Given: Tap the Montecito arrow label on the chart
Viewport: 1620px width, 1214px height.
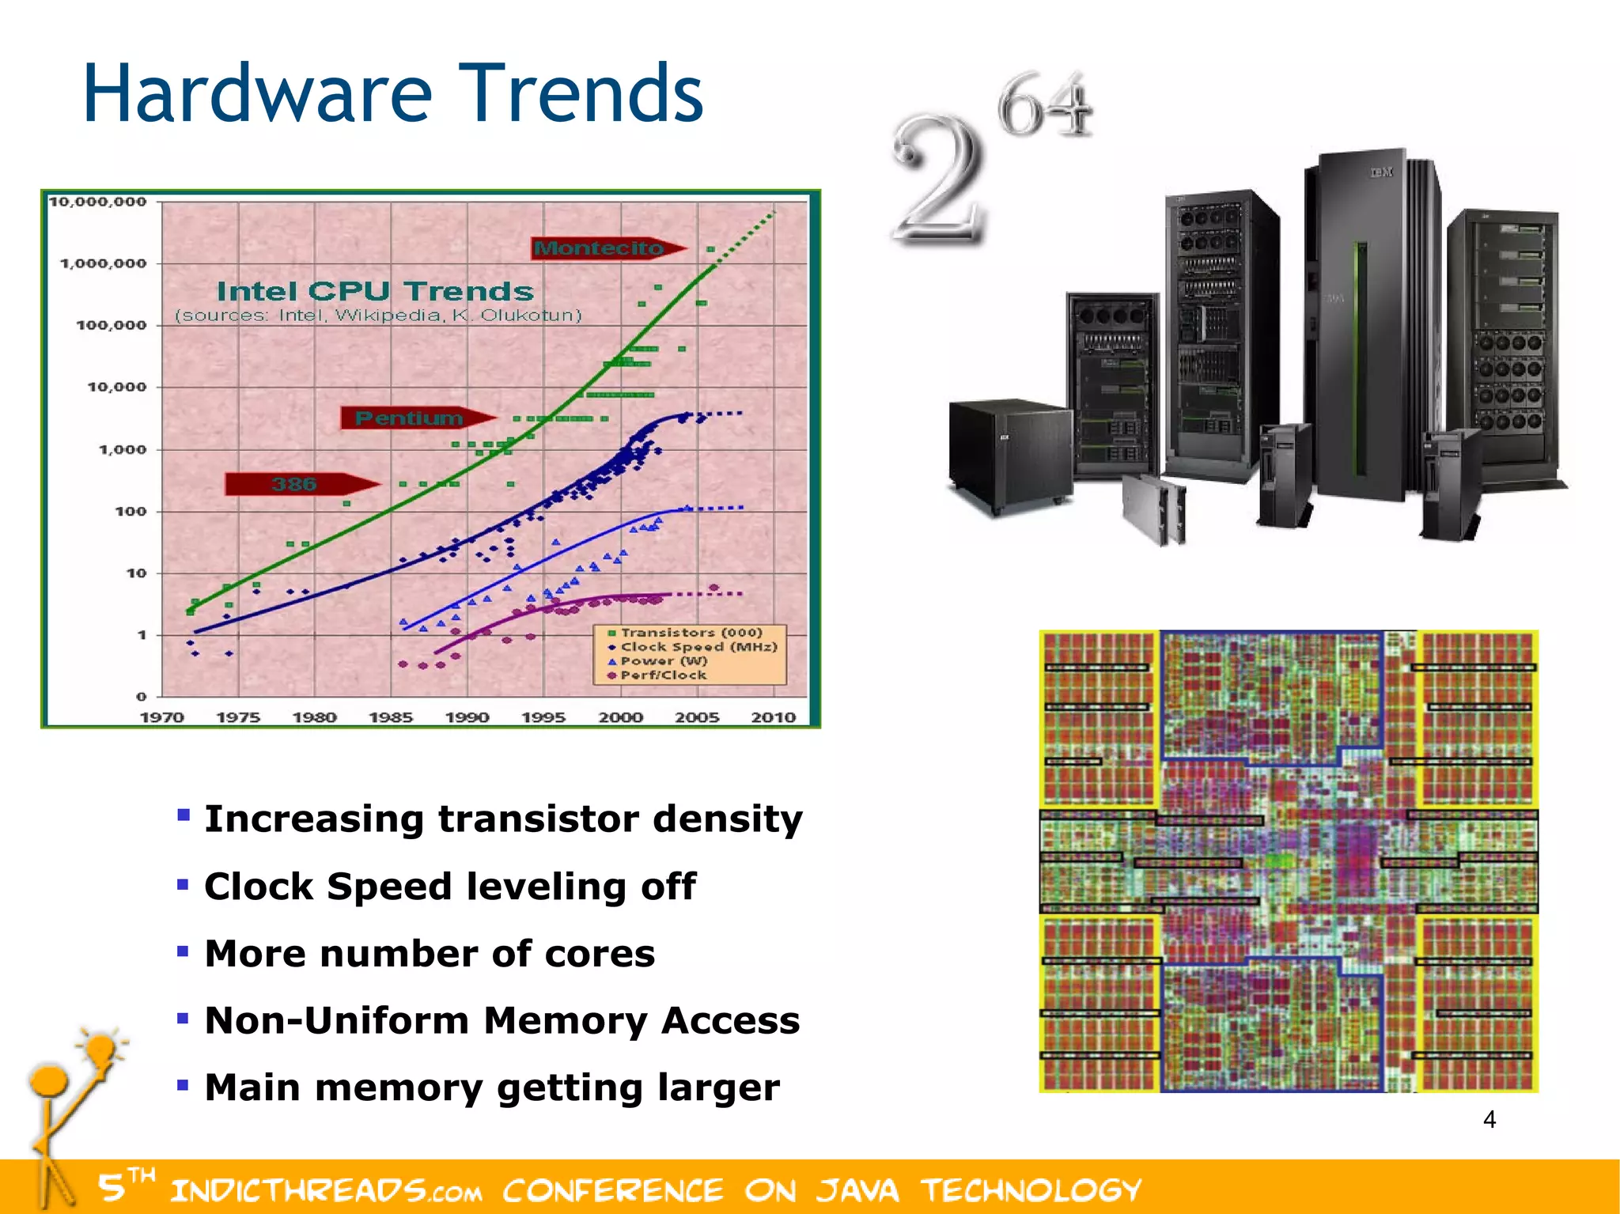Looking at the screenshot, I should pos(600,248).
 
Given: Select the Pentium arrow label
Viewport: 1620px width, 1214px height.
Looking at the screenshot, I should pos(408,418).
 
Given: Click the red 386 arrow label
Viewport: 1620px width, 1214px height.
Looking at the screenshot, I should pos(293,484).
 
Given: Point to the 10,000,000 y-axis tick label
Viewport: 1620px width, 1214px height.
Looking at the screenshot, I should pos(98,202).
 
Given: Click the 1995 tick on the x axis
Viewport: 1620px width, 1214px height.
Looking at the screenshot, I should pos(543,717).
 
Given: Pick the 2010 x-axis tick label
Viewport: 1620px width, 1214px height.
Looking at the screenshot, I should pos(773,717).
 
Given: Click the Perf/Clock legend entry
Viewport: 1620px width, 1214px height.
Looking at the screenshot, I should pos(661,675).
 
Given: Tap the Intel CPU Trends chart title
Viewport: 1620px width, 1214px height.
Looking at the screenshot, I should pos(375,291).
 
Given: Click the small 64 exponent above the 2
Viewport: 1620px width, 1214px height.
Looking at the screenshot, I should pos(1044,105).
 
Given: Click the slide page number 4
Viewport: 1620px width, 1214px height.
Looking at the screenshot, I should pos(1489,1120).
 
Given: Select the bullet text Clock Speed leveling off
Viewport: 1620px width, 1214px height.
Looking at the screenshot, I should pos(449,887).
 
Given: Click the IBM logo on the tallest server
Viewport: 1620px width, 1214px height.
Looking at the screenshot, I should pos(1381,172).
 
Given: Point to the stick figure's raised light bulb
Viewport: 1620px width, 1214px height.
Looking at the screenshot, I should pos(101,1049).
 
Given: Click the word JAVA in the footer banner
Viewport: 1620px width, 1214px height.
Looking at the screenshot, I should pos(857,1190).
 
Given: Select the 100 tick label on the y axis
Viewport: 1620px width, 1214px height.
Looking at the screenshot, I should pos(131,512).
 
